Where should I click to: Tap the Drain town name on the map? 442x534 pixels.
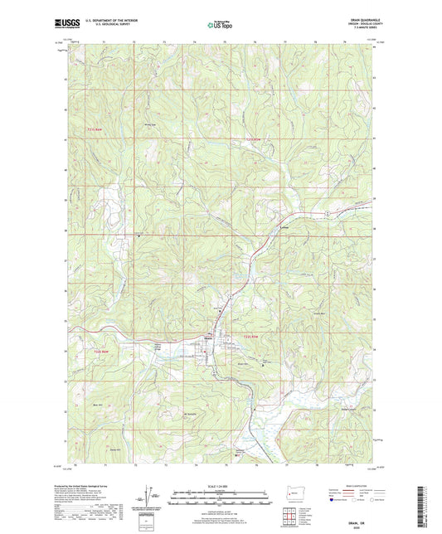(x=209, y=336)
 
